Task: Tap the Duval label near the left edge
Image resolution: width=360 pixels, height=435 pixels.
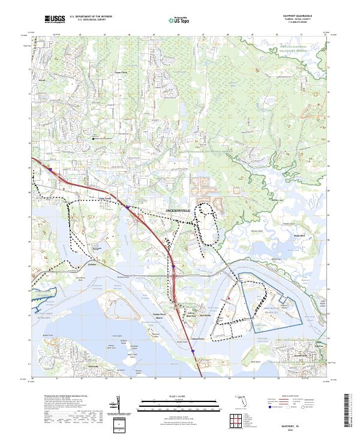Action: pos(42,79)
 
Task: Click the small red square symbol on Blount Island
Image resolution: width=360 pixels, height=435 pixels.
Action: pos(229,298)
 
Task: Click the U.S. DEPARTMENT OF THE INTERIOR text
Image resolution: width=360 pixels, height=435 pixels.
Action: pos(91,17)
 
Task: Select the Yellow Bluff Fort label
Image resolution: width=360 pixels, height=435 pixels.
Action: pos(190,313)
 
